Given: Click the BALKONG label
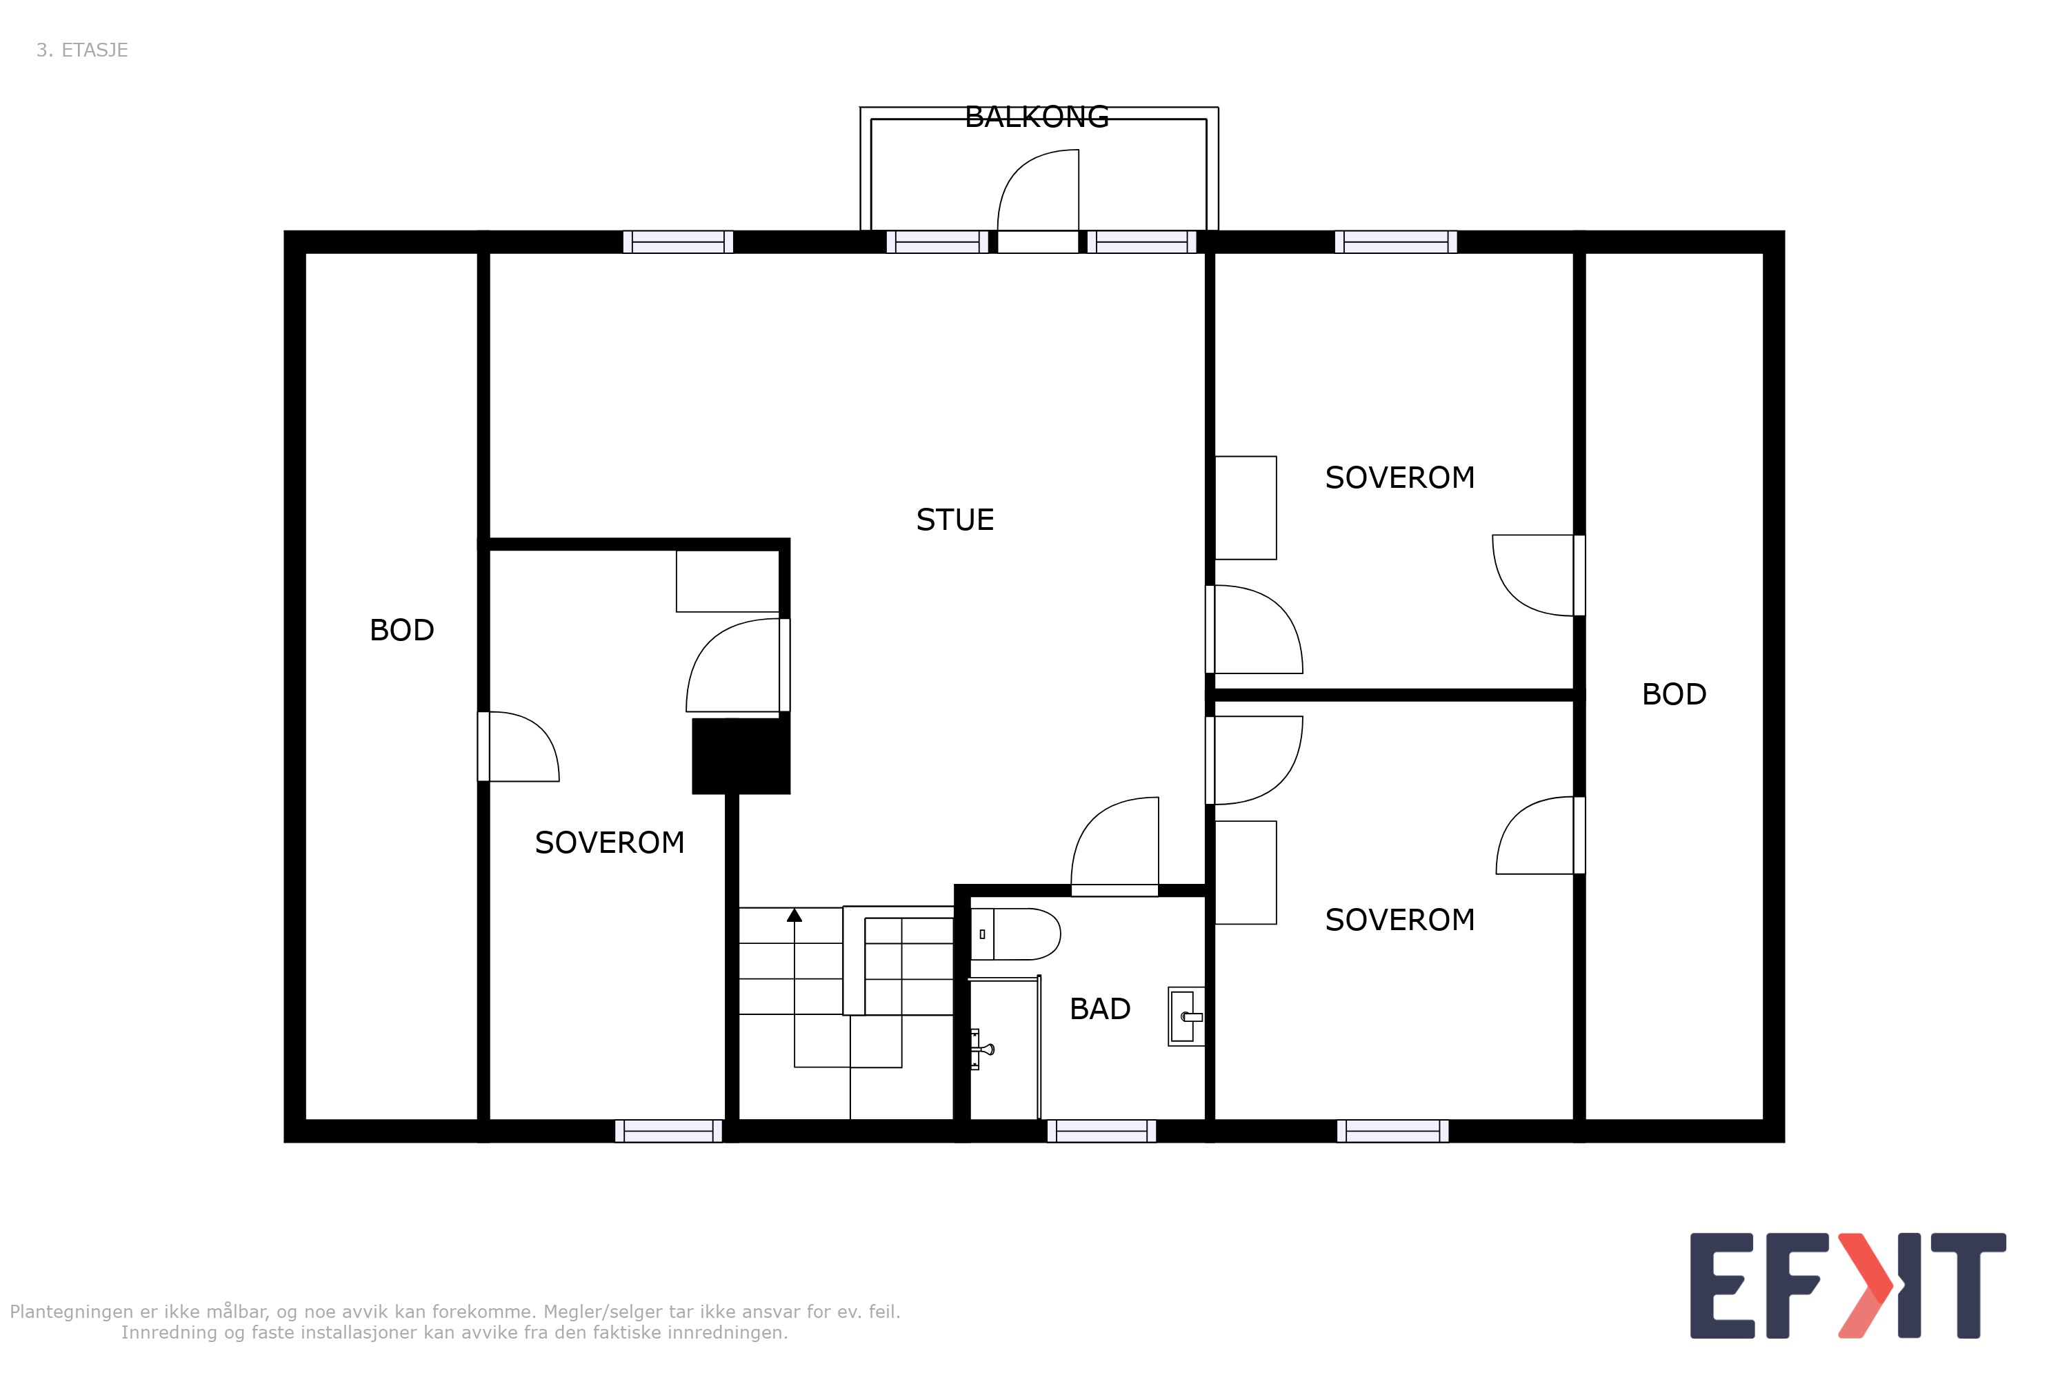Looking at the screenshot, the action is [x=1037, y=117].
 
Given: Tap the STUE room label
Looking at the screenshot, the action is [x=954, y=520].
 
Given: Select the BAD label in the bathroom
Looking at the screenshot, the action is [x=1099, y=1009].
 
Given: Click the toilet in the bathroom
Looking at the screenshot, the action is [x=1015, y=934].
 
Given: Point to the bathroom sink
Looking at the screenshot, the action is [x=1186, y=1016].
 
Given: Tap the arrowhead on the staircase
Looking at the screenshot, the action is [x=794, y=916].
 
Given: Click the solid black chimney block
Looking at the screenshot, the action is [x=741, y=756].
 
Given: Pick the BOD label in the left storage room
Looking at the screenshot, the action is [x=402, y=630].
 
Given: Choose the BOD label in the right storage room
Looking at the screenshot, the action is [x=1674, y=694].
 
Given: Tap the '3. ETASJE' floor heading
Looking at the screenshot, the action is [x=82, y=50].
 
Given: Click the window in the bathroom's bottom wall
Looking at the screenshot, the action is [x=1101, y=1131].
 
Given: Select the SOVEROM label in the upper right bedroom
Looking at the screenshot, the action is [x=1399, y=478].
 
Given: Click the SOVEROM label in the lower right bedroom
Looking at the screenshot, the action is [x=1399, y=920].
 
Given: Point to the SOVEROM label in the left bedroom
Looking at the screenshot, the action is [x=610, y=843].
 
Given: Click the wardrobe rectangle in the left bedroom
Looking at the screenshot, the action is [x=728, y=581].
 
